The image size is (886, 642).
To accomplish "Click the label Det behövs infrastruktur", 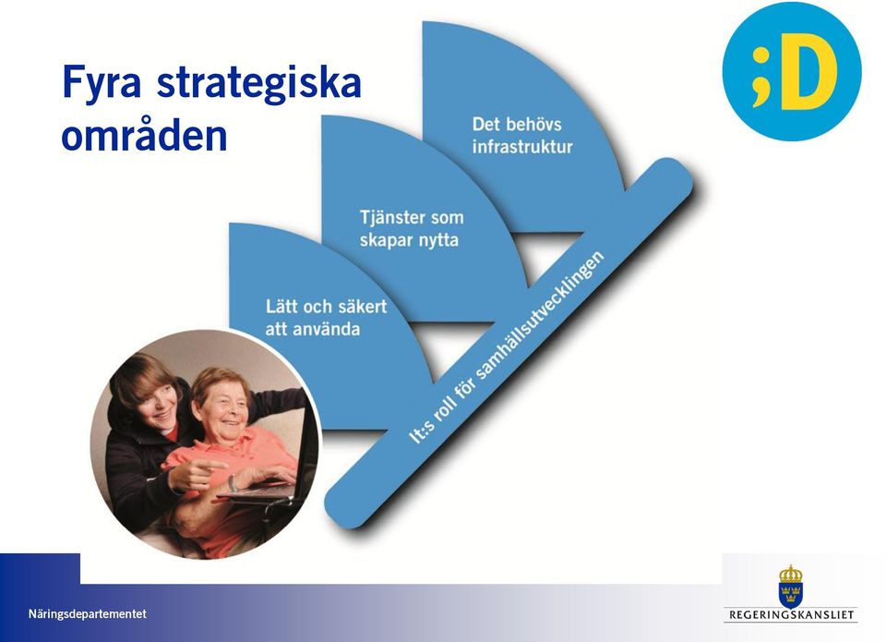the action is tap(522, 136).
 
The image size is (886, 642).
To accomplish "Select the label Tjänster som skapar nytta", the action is tap(412, 228).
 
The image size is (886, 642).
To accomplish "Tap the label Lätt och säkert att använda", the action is tap(326, 318).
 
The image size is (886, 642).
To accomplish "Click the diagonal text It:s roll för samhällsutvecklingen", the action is tap(507, 347).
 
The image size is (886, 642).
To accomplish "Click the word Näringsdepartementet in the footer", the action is tap(87, 613).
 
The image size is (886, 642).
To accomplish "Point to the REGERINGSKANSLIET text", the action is tap(791, 614).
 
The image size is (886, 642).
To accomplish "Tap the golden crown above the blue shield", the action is tap(791, 575).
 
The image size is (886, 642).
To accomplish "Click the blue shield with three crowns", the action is tap(791, 595).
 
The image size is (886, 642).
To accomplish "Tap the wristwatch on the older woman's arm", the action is tap(233, 483).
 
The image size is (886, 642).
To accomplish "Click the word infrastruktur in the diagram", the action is tap(522, 147).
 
